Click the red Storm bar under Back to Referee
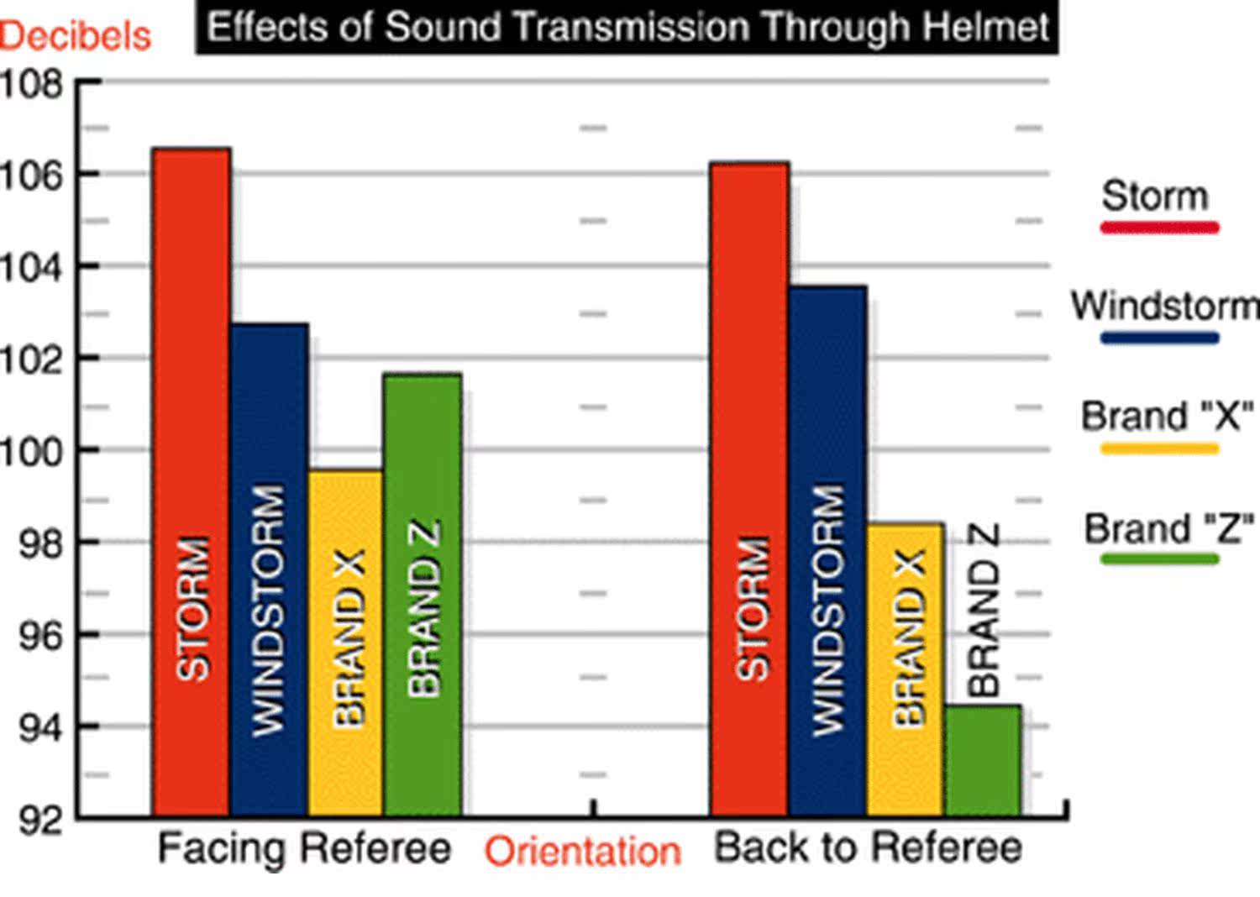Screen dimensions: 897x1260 click(x=749, y=488)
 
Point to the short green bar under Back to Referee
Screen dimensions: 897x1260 click(x=983, y=760)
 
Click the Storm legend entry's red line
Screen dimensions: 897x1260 click(x=1159, y=227)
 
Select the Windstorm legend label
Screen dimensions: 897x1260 click(x=1164, y=306)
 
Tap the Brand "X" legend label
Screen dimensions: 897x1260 click(x=1166, y=417)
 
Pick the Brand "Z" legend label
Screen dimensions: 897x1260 click(x=1168, y=529)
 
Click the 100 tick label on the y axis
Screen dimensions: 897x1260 click(x=32, y=452)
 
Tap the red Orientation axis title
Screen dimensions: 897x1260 click(x=582, y=852)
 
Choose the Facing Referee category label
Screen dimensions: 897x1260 click(x=304, y=848)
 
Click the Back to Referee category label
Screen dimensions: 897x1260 click(x=868, y=848)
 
